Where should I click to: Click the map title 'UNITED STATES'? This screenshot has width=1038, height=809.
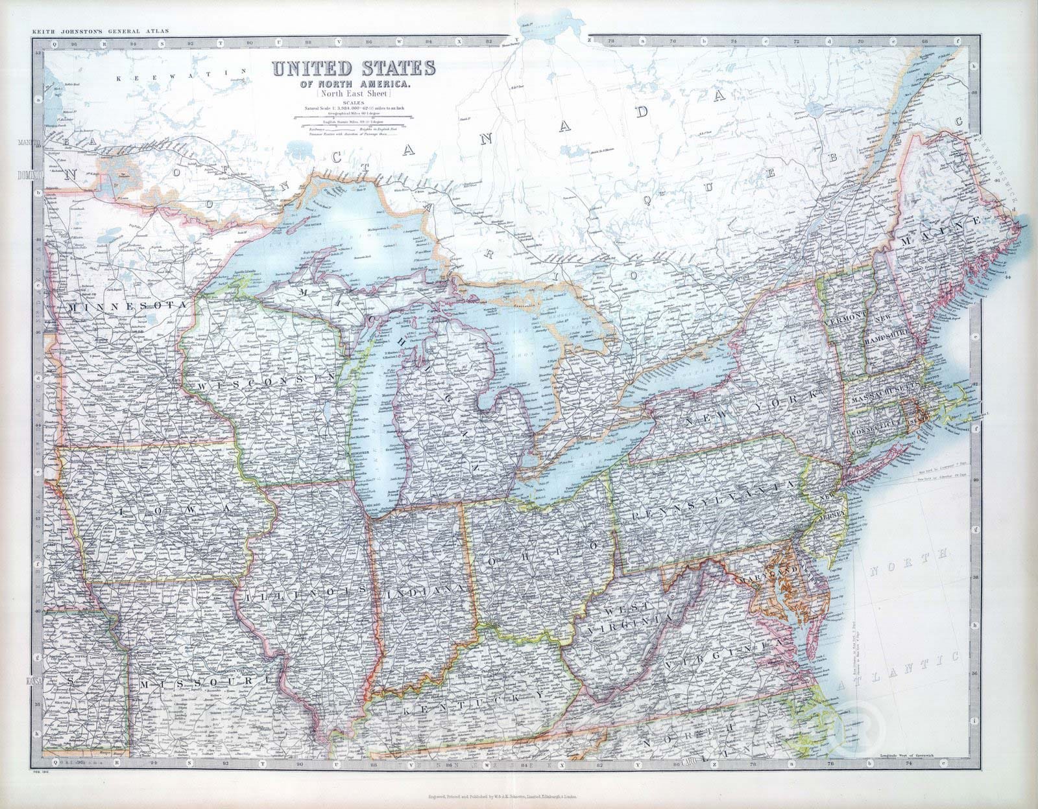pos(354,69)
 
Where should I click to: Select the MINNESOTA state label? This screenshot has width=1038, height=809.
pos(127,305)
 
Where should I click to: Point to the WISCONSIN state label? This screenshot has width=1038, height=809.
pos(265,383)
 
